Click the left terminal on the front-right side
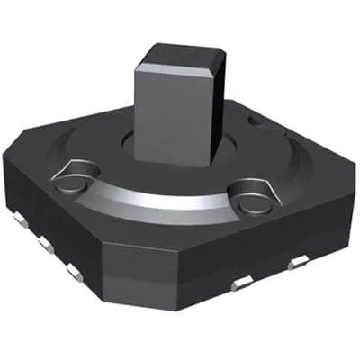pos(241,284)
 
